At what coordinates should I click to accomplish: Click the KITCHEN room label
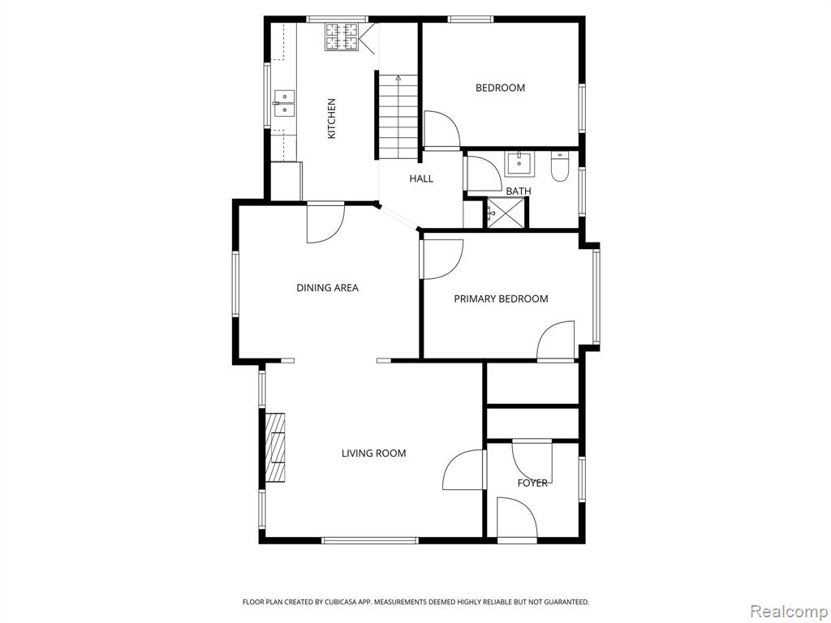pyautogui.click(x=332, y=118)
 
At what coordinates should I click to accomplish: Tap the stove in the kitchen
pyautogui.click(x=342, y=37)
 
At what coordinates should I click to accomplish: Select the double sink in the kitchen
pyautogui.click(x=284, y=103)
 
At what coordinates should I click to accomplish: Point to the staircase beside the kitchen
pyautogui.click(x=398, y=116)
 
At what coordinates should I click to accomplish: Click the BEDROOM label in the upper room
pyautogui.click(x=500, y=88)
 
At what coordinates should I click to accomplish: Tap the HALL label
pyautogui.click(x=421, y=178)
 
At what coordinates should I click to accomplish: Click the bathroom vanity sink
pyautogui.click(x=519, y=164)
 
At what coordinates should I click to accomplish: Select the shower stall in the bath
pyautogui.click(x=508, y=213)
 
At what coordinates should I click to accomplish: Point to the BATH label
pyautogui.click(x=519, y=191)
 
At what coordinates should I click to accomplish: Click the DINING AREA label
pyautogui.click(x=328, y=288)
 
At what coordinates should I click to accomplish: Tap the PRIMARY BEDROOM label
pyautogui.click(x=501, y=299)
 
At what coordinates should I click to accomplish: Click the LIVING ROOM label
pyautogui.click(x=373, y=453)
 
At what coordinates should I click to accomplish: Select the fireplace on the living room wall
pyautogui.click(x=275, y=448)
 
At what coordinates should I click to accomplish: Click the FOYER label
pyautogui.click(x=532, y=483)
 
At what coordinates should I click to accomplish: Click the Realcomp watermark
pyautogui.click(x=789, y=612)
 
